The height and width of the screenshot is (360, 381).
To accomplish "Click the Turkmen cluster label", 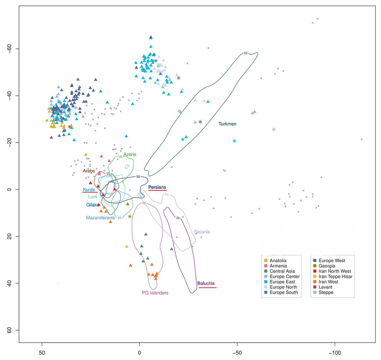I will tap(228, 124).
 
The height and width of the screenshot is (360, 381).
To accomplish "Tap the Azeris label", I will tap(130, 154).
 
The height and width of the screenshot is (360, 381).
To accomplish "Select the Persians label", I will tap(157, 187).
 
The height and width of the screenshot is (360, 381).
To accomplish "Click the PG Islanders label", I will tap(155, 293).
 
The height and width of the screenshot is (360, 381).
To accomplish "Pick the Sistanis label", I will tap(202, 232).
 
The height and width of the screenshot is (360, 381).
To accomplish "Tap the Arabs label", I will tap(89, 171).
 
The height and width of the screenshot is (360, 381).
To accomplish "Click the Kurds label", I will tap(89, 189).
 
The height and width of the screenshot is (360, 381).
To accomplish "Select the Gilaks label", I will tap(92, 205).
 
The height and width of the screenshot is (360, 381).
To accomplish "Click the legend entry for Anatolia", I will tap(279, 261).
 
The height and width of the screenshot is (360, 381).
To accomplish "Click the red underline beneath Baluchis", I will tap(207, 288).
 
